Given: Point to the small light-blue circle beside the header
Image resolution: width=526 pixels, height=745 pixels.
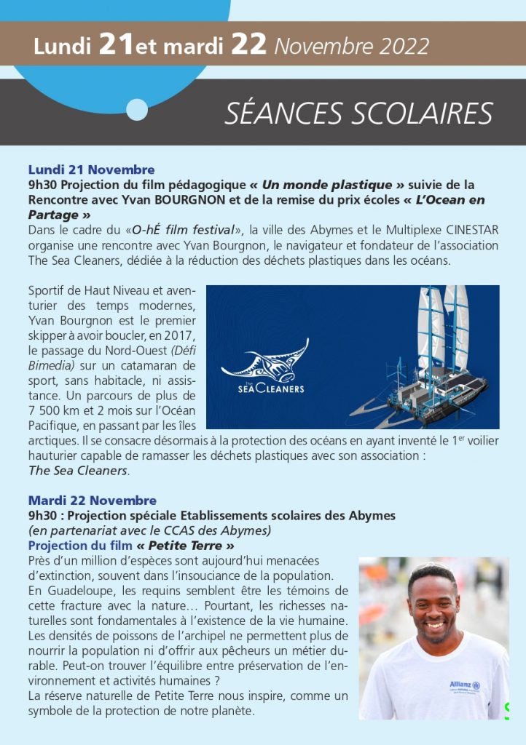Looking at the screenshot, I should click(x=137, y=109).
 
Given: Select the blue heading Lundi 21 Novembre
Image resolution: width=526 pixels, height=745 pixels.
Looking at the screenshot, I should click(x=91, y=170).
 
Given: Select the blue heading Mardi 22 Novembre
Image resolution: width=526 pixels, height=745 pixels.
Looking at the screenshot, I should click(x=92, y=501).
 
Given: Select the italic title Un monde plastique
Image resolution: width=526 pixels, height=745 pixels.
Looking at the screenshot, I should click(x=327, y=185).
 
